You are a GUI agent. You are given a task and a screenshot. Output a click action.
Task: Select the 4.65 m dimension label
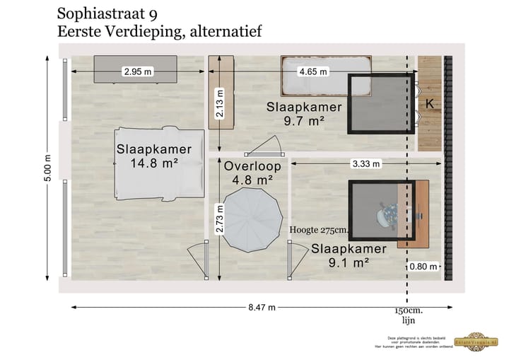tap(313, 71)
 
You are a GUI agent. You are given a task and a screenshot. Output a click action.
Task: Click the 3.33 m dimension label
tap(365, 164)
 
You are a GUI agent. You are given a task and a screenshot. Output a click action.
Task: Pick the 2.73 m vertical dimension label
tap(221, 219)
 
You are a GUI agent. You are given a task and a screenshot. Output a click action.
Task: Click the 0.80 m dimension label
tap(422, 267)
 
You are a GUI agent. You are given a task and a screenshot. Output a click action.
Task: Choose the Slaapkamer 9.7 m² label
tap(304, 114)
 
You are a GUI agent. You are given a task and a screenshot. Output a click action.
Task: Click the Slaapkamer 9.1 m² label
tap(349, 255)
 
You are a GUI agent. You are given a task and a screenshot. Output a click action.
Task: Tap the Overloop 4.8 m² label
tap(253, 173)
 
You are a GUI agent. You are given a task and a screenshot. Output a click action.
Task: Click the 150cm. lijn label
tap(409, 315)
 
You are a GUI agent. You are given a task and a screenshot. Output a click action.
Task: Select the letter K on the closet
tap(429, 104)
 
